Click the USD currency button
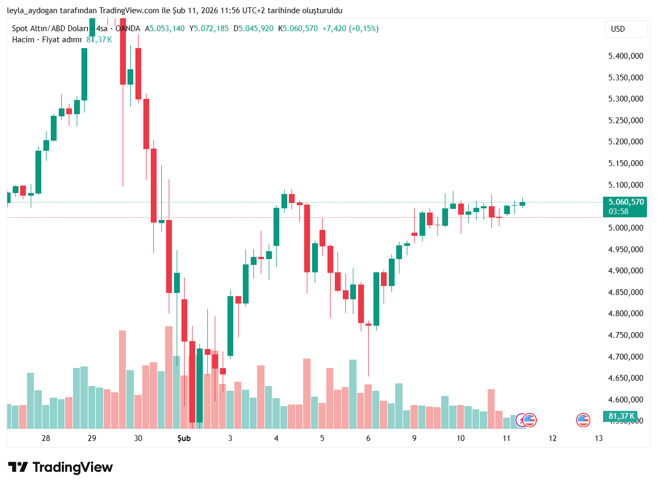point(626,29)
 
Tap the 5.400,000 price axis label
point(626,56)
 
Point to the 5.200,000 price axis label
point(626,142)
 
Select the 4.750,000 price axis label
point(626,335)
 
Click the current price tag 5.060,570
point(626,202)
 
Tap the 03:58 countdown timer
point(618,212)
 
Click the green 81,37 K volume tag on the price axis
point(620,416)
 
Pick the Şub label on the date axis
point(184,438)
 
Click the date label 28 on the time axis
point(46,438)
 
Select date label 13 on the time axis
point(599,438)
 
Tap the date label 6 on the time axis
point(368,438)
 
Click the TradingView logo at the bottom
point(60,467)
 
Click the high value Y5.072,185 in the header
point(211,29)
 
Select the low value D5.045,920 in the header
point(255,29)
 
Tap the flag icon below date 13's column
point(583,420)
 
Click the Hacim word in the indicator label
point(23,40)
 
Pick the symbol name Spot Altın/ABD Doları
point(50,29)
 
